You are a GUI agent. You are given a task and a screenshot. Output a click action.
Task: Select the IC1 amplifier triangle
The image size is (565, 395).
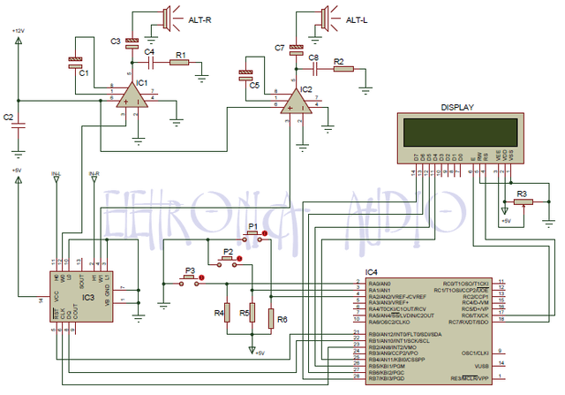[133, 95]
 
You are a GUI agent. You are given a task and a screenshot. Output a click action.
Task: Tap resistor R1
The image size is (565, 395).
[180, 63]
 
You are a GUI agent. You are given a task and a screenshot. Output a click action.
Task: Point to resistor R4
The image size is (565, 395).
[226, 313]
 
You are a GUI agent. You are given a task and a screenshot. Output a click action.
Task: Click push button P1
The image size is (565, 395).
[255, 238]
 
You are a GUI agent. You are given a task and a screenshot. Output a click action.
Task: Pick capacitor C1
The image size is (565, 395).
[76, 61]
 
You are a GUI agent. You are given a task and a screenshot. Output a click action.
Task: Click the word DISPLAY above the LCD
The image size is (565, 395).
[457, 108]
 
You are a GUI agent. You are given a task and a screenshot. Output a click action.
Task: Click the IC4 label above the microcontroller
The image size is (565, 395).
[372, 272]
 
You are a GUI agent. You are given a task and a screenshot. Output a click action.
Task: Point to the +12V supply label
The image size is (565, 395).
[19, 31]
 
